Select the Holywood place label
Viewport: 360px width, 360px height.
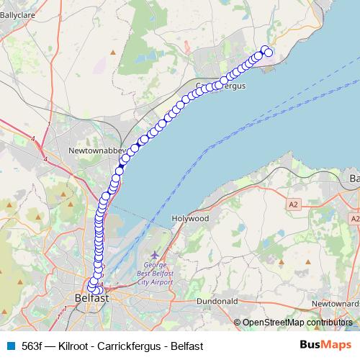coord(190,217)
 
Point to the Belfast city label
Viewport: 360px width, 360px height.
coord(91,297)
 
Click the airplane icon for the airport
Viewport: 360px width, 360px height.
coord(156,255)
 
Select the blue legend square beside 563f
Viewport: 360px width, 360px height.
coord(10,346)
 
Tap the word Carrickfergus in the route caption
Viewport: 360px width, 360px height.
coord(133,346)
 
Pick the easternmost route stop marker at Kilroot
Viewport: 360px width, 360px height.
coord(269,53)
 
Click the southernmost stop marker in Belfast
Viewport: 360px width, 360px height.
coord(96,290)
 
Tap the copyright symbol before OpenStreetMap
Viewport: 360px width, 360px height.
coord(238,323)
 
